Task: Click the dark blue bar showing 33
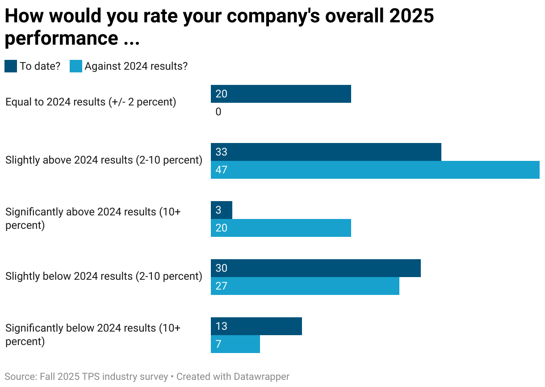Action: tap(326, 152)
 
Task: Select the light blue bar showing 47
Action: tap(375, 170)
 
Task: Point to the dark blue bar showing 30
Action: tap(316, 268)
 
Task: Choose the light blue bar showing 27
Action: tap(305, 286)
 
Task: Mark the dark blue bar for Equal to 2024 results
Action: tap(281, 94)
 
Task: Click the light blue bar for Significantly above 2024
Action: tap(281, 228)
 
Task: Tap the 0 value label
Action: tap(218, 112)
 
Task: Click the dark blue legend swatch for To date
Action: tap(11, 67)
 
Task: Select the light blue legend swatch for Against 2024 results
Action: tap(76, 67)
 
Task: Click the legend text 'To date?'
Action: tap(40, 67)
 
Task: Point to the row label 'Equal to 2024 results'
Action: tap(91, 102)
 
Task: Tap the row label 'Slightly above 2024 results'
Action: tap(104, 160)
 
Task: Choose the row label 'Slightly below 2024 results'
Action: tap(104, 276)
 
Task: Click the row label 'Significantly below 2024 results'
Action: tap(93, 334)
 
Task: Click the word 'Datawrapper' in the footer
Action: tap(262, 377)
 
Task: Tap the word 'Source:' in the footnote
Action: tap(20, 377)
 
